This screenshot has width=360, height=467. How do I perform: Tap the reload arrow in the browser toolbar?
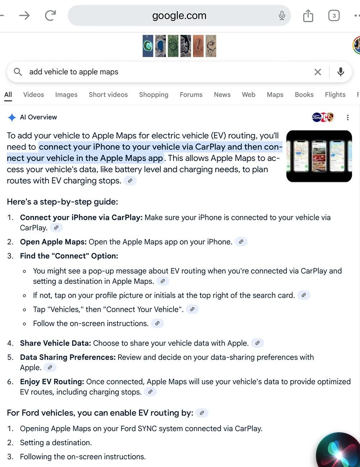pyautogui.click(x=50, y=15)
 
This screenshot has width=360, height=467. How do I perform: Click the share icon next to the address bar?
pyautogui.click(x=308, y=15)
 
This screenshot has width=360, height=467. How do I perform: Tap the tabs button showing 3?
pyautogui.click(x=334, y=15)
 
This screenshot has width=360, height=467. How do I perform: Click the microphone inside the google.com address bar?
pyautogui.click(x=282, y=15)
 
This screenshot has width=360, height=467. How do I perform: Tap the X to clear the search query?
pyautogui.click(x=318, y=72)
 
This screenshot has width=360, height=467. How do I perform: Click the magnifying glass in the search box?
pyautogui.click(x=18, y=72)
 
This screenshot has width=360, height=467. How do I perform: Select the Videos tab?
pyautogui.click(x=33, y=94)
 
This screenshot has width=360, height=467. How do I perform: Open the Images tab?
pyautogui.click(x=66, y=94)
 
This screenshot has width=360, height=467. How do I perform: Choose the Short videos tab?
pyautogui.click(x=108, y=94)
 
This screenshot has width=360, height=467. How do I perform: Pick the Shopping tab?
pyautogui.click(x=153, y=94)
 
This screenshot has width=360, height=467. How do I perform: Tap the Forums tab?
pyautogui.click(x=191, y=94)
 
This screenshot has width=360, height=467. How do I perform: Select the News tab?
pyautogui.click(x=222, y=94)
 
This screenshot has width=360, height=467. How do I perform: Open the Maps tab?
pyautogui.click(x=275, y=94)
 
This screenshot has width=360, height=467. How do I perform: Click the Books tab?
pyautogui.click(x=304, y=94)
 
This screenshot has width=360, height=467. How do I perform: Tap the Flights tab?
pyautogui.click(x=335, y=94)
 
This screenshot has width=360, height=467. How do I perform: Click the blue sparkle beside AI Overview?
pyautogui.click(x=12, y=117)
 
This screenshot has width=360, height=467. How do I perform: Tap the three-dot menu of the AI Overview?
pyautogui.click(x=347, y=117)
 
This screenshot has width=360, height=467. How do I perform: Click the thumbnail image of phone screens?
pyautogui.click(x=319, y=156)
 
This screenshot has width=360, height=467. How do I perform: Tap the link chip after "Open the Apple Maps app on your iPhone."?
pyautogui.click(x=241, y=242)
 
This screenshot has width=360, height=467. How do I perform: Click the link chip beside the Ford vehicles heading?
pyautogui.click(x=202, y=413)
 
